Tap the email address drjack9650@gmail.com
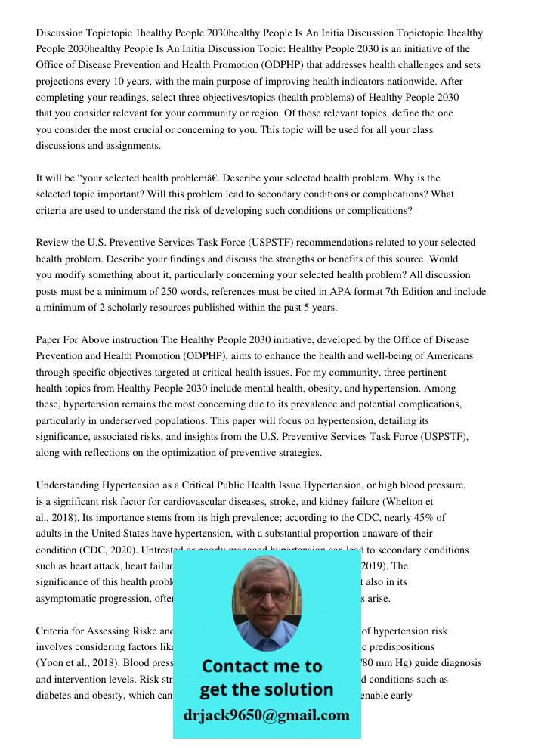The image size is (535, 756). (x=266, y=715)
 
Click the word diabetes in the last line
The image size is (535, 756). (x=57, y=695)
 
